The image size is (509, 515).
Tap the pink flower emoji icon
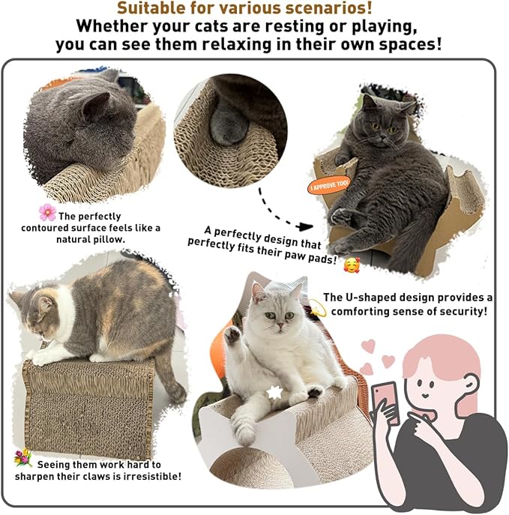(47, 212)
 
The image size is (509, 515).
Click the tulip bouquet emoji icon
(23, 458)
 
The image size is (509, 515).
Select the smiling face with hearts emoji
(351, 264)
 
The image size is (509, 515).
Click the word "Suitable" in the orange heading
(160, 9)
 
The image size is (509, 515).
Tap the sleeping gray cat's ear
(92, 106)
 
